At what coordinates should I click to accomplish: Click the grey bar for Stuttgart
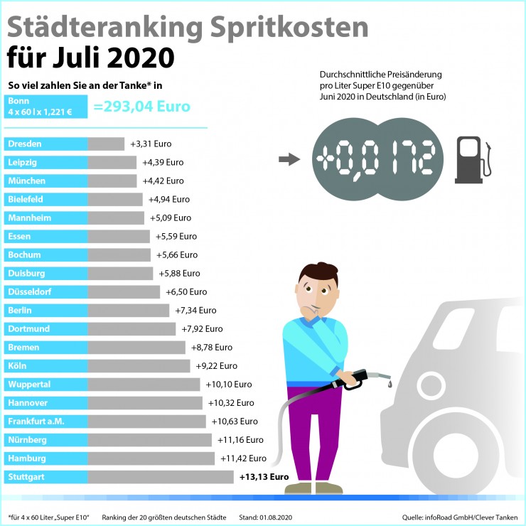pyautogui.click(x=161, y=477)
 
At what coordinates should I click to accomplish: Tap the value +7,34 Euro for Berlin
pyautogui.click(x=195, y=311)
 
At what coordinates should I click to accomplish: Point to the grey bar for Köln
pyautogui.click(x=139, y=365)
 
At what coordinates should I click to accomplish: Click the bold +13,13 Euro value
pyautogui.click(x=264, y=477)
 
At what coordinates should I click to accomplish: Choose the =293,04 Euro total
pyautogui.click(x=142, y=107)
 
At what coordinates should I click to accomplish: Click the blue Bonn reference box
pyautogui.click(x=46, y=107)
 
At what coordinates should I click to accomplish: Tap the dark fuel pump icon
pyautogui.click(x=473, y=160)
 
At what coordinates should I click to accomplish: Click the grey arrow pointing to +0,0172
pyautogui.click(x=289, y=159)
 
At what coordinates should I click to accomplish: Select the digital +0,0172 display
pyautogui.click(x=377, y=159)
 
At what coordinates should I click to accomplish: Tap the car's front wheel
pyautogui.click(x=456, y=455)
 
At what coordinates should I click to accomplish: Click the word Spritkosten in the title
pyautogui.click(x=289, y=28)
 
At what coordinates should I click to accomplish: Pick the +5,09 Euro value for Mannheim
pyautogui.click(x=171, y=218)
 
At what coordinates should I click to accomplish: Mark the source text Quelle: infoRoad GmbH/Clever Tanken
pyautogui.click(x=460, y=517)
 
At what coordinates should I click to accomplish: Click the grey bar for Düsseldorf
pyautogui.click(x=124, y=292)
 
